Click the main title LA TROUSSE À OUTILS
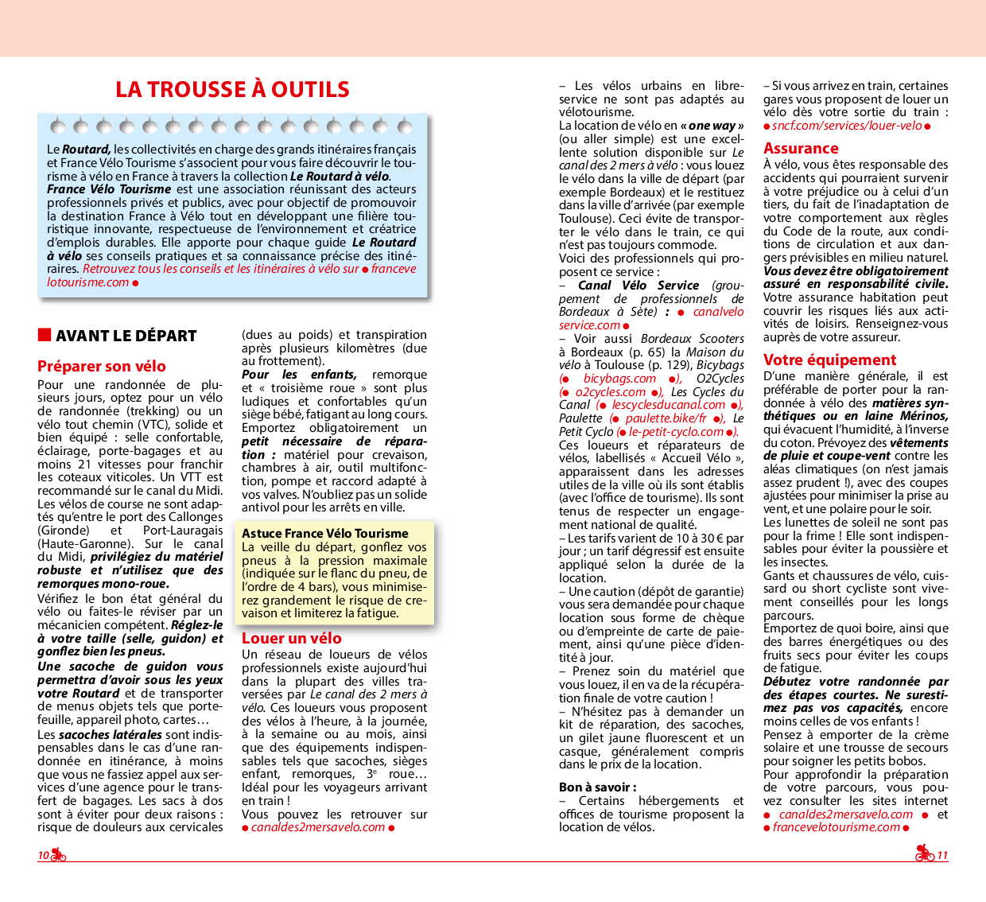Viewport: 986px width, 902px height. pyautogui.click(x=232, y=89)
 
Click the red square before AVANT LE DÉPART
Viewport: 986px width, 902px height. pyautogui.click(x=45, y=335)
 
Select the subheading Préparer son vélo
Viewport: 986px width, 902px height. pyautogui.click(x=101, y=366)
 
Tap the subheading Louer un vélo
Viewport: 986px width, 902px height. pyautogui.click(x=291, y=638)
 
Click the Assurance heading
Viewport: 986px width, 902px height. pyautogui.click(x=800, y=148)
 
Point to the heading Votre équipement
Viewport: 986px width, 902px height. pyautogui.click(x=829, y=360)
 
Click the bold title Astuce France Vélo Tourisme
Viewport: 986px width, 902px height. pyautogui.click(x=324, y=534)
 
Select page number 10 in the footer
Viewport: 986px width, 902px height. pyautogui.click(x=43, y=856)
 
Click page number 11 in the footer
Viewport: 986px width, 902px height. pyautogui.click(x=942, y=856)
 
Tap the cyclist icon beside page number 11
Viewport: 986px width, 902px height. pyautogui.click(x=924, y=854)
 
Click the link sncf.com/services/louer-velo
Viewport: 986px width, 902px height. pyautogui.click(x=847, y=126)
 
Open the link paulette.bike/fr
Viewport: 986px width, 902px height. pyautogui.click(x=666, y=418)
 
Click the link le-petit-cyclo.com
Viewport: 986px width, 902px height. pyautogui.click(x=676, y=432)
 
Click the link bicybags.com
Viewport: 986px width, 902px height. pyautogui.click(x=619, y=379)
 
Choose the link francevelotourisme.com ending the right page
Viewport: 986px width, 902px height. pyautogui.click(x=836, y=827)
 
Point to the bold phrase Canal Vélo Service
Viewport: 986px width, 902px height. pyautogui.click(x=638, y=286)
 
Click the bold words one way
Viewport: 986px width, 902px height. pyautogui.click(x=712, y=126)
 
